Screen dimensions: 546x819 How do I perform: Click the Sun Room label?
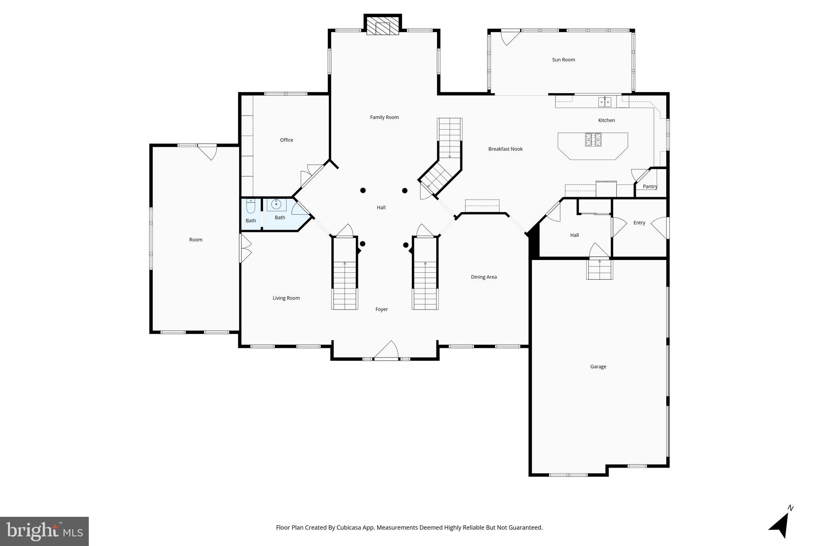(x=563, y=60)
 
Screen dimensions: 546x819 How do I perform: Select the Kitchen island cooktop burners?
(x=593, y=140)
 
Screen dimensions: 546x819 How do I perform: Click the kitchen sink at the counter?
(x=605, y=102)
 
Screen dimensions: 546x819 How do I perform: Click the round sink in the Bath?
(x=276, y=205)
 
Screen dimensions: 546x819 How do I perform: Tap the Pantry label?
(x=650, y=186)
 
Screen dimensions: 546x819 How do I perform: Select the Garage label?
(x=598, y=367)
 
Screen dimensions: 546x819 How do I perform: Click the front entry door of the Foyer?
(x=386, y=351)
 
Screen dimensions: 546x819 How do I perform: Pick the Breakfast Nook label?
(x=505, y=149)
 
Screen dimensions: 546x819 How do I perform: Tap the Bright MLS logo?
(x=44, y=531)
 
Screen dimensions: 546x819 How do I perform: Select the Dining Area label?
(x=483, y=277)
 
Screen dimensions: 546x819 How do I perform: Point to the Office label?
(x=286, y=140)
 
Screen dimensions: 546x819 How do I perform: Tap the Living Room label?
(x=286, y=298)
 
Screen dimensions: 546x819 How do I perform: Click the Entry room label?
(x=639, y=223)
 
